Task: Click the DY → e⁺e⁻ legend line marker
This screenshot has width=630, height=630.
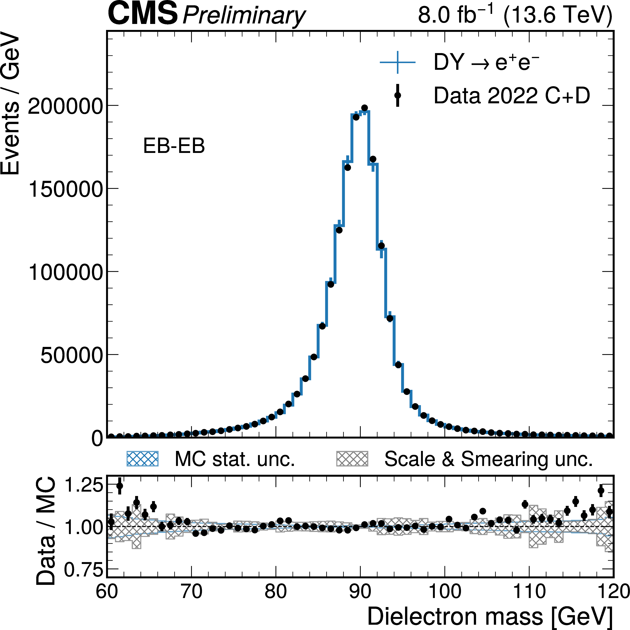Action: (x=398, y=62)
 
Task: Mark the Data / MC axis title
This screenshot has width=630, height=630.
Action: (x=46, y=531)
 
